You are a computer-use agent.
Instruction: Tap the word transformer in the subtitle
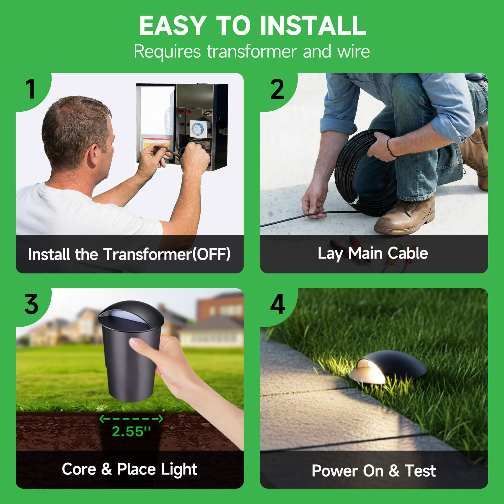252,51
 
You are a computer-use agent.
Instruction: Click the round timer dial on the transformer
196,128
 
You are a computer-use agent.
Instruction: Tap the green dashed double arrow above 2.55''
131,419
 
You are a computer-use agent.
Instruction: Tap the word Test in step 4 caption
420,471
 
